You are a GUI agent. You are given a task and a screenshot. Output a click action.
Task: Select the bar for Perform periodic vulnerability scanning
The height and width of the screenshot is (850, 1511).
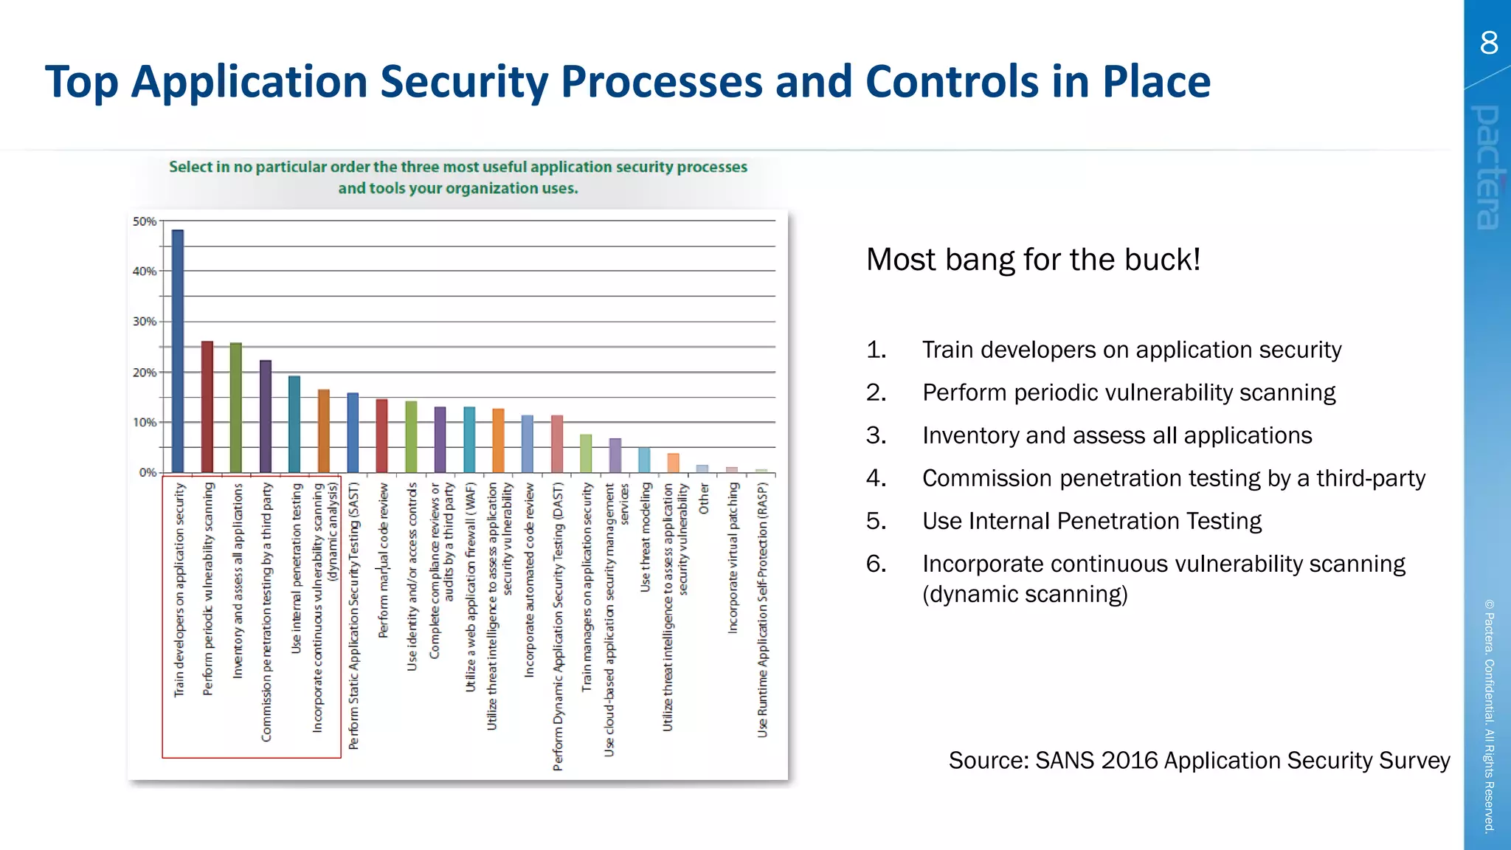pos(207,407)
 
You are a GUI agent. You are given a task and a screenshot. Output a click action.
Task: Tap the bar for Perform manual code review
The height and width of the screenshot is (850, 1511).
pos(381,435)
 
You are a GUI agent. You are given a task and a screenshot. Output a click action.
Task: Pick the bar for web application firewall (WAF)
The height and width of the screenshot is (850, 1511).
pos(469,439)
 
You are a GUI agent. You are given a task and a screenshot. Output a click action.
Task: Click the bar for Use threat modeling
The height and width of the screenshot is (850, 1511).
pos(644,460)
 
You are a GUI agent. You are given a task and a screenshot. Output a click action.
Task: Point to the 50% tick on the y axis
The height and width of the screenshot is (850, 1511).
pos(144,221)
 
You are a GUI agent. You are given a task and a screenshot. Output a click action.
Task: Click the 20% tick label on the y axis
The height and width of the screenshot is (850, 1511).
pos(144,373)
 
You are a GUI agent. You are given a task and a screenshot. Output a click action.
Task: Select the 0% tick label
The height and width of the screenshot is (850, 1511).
pos(147,472)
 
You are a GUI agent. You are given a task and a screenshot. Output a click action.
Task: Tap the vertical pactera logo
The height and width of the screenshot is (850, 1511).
pos(1487,167)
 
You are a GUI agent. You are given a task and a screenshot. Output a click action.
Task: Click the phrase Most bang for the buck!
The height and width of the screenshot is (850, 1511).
pos(1033,260)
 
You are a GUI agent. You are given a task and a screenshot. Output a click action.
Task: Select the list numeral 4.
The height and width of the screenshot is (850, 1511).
pos(876,478)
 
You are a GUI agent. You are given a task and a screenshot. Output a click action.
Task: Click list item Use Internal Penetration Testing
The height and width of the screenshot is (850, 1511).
pos(1091,521)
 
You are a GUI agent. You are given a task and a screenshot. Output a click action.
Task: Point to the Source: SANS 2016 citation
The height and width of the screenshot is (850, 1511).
pos(1199,760)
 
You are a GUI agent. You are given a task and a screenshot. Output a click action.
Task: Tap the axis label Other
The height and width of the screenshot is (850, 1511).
pos(704,499)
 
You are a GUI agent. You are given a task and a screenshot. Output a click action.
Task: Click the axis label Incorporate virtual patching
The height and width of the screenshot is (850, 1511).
pos(733,558)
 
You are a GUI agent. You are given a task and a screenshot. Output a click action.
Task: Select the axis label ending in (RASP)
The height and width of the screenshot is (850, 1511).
pos(762,609)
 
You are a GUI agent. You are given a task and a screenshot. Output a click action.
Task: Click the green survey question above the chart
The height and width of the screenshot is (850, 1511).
pos(457,177)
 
